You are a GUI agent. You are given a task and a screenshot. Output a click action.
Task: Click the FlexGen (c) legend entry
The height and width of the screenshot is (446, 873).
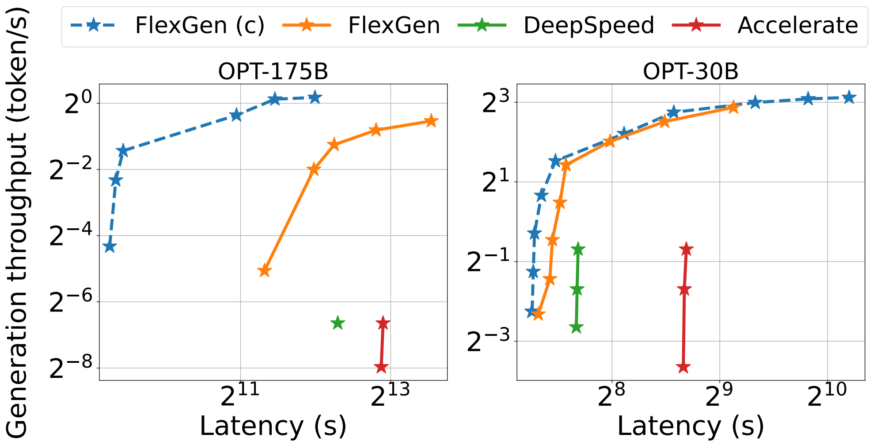(x=168, y=25)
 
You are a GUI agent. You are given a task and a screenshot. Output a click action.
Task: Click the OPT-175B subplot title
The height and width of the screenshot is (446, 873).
(x=273, y=71)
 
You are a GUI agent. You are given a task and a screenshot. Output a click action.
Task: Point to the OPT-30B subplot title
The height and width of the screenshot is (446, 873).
(x=691, y=71)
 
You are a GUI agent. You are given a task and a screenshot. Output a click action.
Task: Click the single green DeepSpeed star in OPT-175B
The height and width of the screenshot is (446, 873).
(x=338, y=323)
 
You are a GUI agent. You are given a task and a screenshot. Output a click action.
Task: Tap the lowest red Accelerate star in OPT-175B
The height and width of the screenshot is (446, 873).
(x=381, y=367)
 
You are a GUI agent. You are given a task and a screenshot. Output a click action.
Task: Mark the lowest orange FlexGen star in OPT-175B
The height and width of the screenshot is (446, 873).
(x=264, y=271)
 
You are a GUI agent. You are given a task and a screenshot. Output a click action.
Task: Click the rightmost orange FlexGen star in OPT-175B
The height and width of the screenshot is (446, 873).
(x=431, y=121)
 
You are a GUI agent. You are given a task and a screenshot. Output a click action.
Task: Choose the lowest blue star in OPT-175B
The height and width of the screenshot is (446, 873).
(x=110, y=246)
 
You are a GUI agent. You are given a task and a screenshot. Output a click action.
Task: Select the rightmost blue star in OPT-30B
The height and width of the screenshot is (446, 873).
(x=849, y=97)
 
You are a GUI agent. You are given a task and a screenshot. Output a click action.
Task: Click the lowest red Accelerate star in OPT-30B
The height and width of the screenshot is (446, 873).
(x=683, y=367)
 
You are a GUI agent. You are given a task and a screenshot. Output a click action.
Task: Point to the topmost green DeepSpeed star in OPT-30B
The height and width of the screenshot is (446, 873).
(x=578, y=249)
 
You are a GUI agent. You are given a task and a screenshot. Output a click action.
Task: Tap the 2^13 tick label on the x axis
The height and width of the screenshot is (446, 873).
(x=390, y=395)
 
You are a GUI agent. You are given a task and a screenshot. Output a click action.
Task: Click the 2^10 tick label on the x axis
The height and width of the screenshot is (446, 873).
(x=827, y=395)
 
